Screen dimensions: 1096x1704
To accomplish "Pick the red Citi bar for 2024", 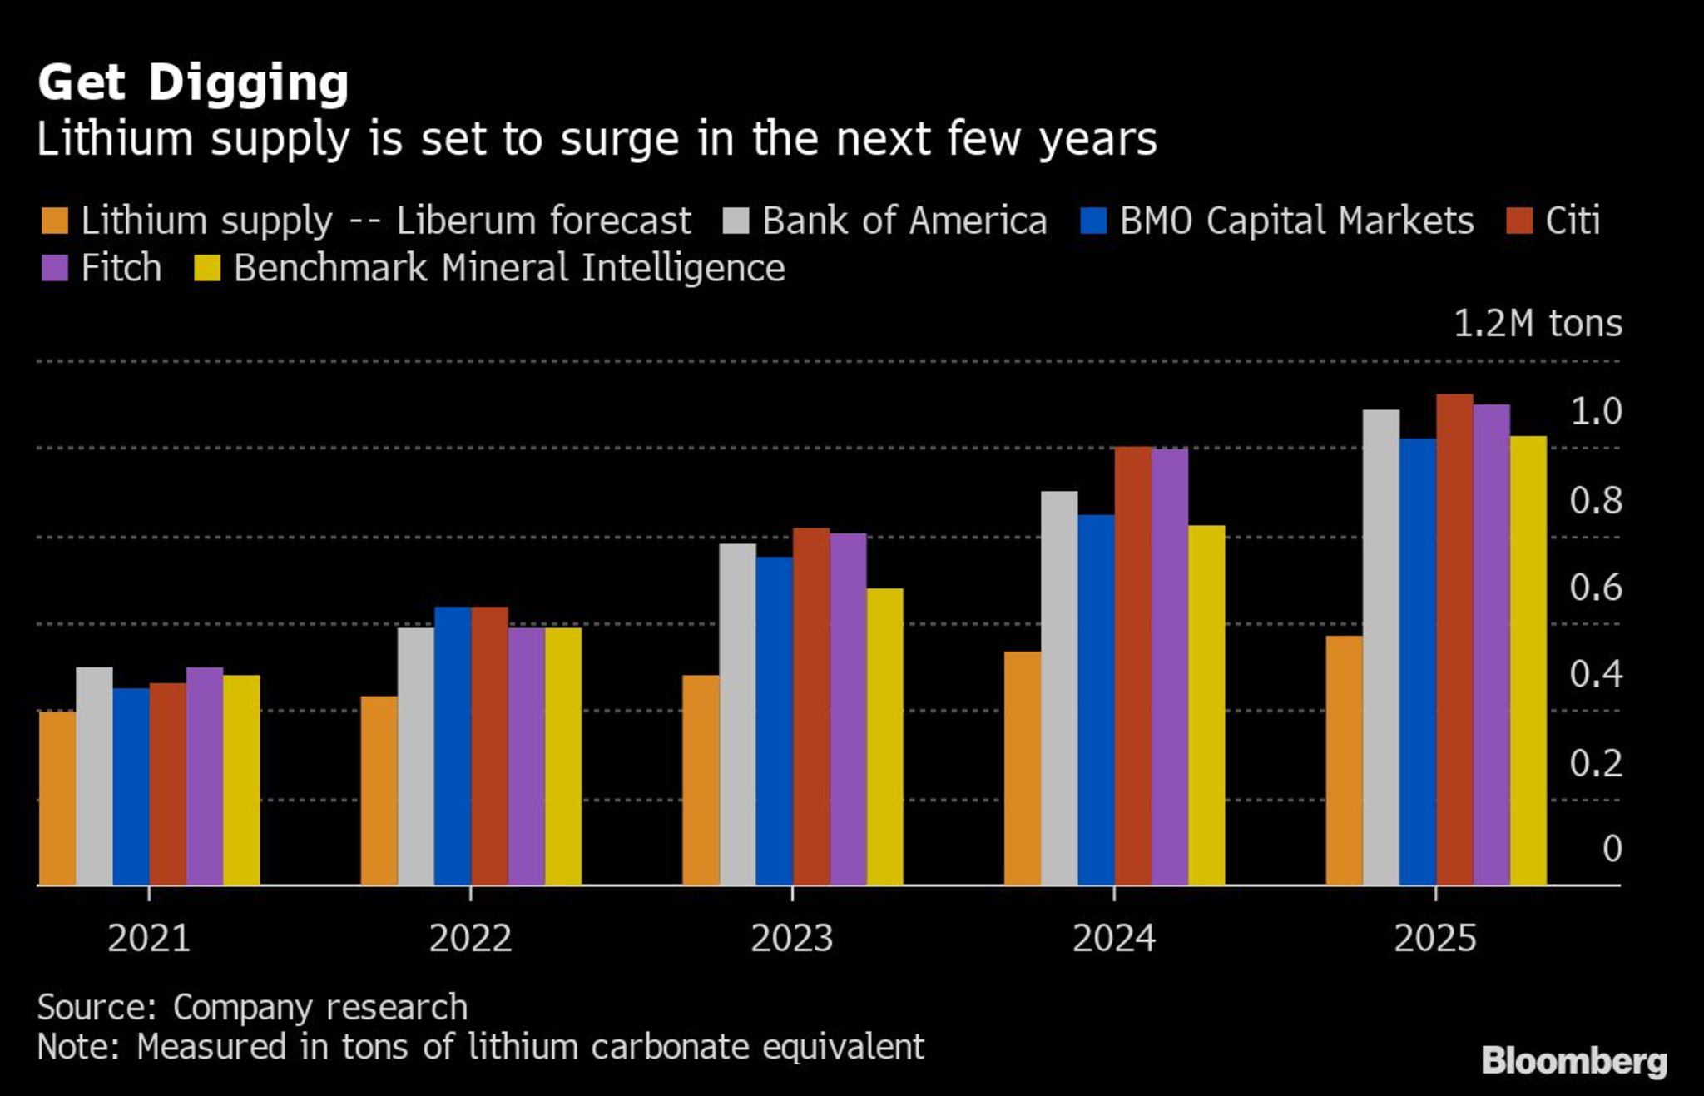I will (1132, 666).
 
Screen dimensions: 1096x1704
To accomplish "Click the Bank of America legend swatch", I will (736, 221).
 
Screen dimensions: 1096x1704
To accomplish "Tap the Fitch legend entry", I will (121, 268).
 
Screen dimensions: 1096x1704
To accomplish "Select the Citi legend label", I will (1572, 221).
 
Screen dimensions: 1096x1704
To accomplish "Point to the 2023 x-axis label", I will (791, 939).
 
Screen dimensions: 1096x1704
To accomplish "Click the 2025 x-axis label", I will (1434, 939).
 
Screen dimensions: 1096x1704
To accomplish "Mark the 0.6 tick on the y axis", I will (1595, 588).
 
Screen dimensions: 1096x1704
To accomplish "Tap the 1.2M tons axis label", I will (1537, 324).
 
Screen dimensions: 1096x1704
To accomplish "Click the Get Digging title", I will (193, 82).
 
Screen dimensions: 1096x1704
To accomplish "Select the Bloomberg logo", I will (1573, 1062).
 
